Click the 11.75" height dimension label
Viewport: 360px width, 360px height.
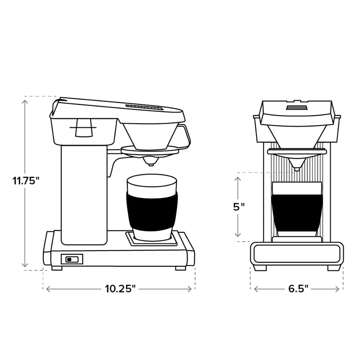tap(26, 181)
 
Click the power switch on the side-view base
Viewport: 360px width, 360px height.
tap(72, 259)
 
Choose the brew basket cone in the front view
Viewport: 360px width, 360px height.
tap(297, 137)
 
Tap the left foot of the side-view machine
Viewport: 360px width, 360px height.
tap(57, 268)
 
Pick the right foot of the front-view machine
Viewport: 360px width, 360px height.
tap(333, 267)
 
